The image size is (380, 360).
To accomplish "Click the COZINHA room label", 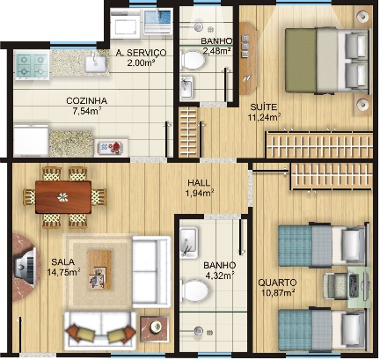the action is point(86,101).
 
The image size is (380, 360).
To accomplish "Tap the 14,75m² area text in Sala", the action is point(63,272).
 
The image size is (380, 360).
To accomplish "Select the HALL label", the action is point(199,183).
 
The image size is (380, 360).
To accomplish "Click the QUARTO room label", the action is point(277,283).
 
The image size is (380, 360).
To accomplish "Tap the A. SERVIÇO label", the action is point(141,53).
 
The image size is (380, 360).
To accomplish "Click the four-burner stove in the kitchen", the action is point(32,65).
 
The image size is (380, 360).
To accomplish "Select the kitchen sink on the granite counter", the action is point(95,62).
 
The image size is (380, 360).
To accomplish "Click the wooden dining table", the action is point(63,197).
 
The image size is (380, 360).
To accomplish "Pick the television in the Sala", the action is point(26,267).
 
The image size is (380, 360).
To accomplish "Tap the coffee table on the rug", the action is point(99,269).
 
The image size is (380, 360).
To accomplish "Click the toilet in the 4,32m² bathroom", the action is point(194,290).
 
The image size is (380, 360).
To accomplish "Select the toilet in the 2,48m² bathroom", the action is point(193,61).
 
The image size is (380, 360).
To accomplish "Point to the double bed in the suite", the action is point(326,61).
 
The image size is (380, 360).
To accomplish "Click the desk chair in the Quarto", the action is point(334,286).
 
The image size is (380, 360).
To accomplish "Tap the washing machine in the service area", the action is point(126,24).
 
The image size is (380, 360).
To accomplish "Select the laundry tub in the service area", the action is point(157,21).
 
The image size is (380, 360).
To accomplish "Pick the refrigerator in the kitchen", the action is point(31,141).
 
